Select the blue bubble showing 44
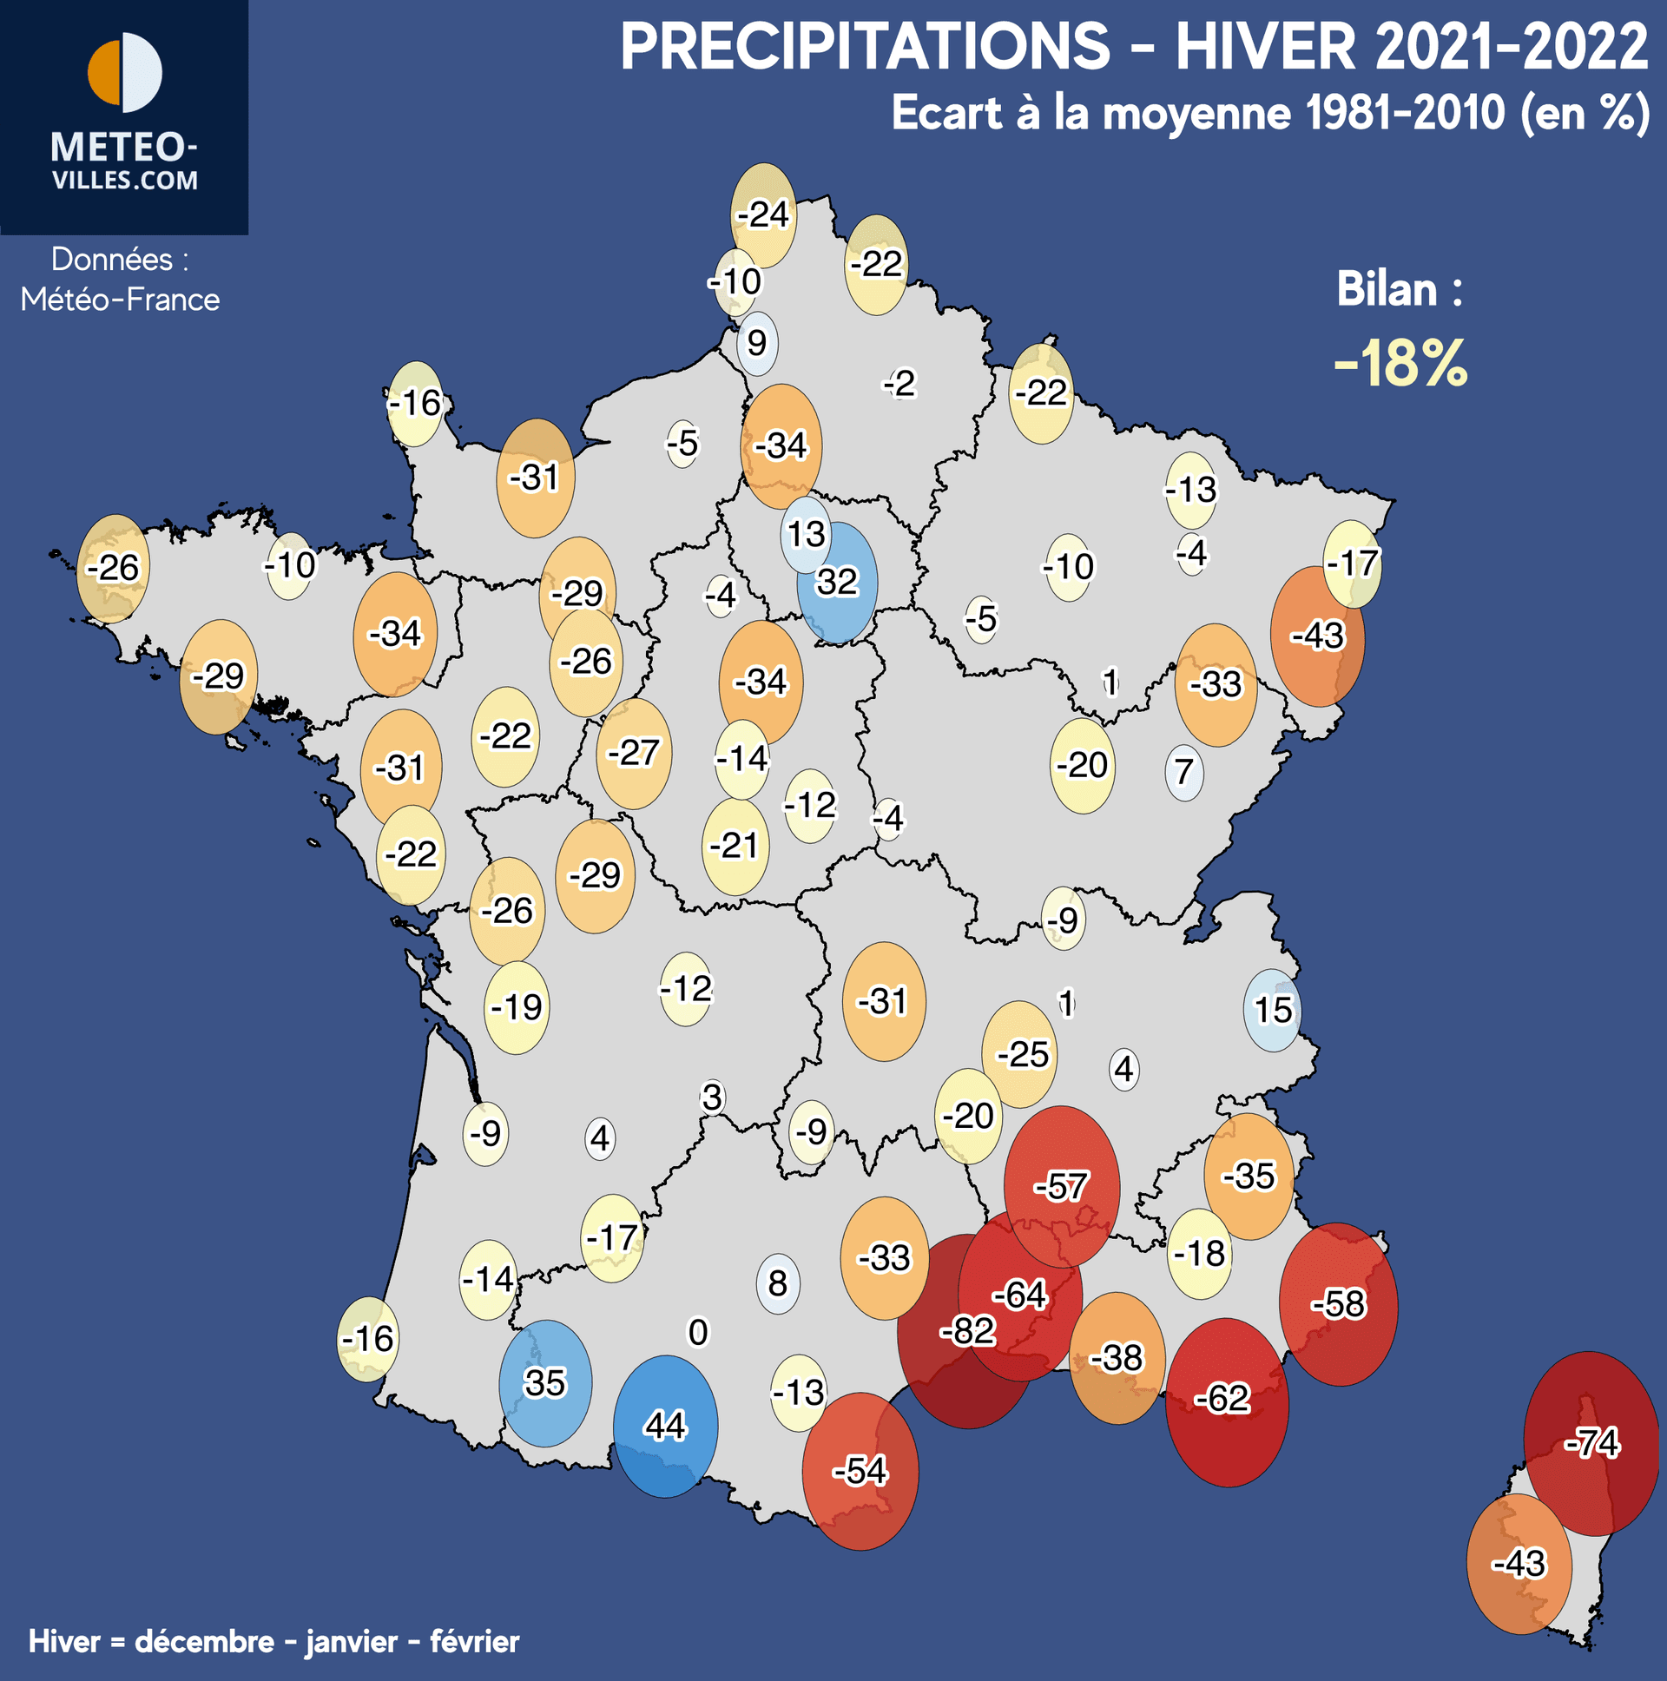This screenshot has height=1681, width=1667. [666, 1426]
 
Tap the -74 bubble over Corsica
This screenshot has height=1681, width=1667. [1591, 1443]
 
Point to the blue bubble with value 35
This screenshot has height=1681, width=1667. [545, 1382]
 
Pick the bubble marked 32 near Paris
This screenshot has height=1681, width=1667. [837, 582]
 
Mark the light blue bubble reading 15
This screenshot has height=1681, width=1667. [1272, 1010]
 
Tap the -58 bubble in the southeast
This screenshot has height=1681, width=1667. [1338, 1303]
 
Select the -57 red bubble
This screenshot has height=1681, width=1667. [1062, 1186]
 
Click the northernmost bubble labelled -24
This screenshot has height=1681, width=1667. [763, 214]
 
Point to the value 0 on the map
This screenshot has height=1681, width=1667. [698, 1332]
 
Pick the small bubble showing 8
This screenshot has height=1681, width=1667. [778, 1282]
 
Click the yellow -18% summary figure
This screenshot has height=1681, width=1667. [1400, 364]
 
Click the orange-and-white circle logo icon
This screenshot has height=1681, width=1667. [124, 73]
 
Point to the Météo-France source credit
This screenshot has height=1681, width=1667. [120, 300]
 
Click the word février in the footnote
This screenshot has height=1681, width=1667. [474, 1642]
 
